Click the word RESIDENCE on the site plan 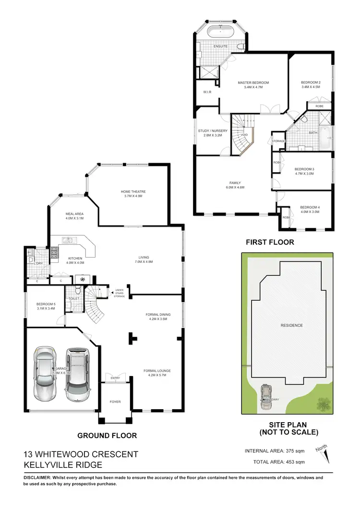point(291,325)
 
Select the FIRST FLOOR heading point(270,242)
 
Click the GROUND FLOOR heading point(107,436)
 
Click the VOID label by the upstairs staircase point(244,135)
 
